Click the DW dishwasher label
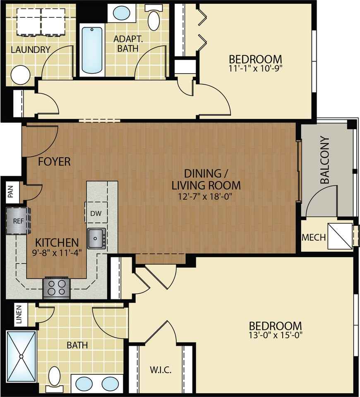point(96,213)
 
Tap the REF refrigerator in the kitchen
point(18,221)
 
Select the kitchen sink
point(96,238)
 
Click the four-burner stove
point(56,288)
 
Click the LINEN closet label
point(19,315)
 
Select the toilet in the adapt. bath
point(154,18)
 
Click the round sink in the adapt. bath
point(122,13)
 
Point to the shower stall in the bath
point(21,356)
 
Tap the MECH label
point(314,237)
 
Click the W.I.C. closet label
point(161,370)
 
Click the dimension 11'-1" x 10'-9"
point(255,68)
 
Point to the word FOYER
point(54,162)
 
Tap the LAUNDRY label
point(31,50)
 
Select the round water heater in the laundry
point(21,75)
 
